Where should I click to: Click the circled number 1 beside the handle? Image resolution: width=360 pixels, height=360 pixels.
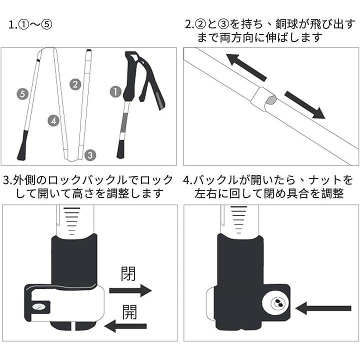[115, 91]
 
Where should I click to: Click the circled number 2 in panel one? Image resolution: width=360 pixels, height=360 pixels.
[75, 84]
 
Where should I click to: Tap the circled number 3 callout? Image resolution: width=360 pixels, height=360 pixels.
[90, 155]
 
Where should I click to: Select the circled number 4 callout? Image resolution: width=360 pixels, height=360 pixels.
[53, 120]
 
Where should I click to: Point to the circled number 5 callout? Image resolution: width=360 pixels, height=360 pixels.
[22, 93]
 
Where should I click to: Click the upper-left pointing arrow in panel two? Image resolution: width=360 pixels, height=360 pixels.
[246, 67]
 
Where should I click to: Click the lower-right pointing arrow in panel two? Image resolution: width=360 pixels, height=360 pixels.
[305, 104]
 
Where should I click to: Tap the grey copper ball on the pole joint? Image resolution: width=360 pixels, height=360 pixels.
[270, 100]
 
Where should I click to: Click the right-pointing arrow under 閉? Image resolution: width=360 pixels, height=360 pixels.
[130, 290]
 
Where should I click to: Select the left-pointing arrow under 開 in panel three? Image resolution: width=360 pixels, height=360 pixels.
[125, 326]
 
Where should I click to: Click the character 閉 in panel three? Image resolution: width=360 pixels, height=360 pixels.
[128, 274]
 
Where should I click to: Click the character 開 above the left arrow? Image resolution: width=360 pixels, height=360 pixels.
[129, 312]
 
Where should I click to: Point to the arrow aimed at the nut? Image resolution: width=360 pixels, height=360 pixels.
[323, 308]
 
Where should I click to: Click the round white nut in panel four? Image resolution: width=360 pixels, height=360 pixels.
[275, 303]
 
